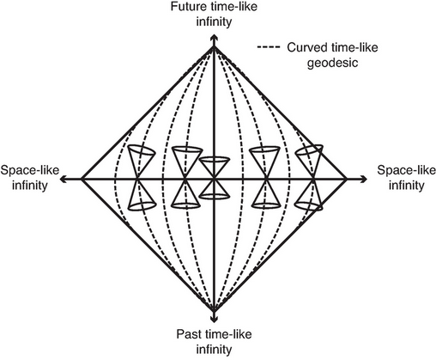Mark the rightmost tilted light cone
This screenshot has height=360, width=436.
click(x=310, y=178)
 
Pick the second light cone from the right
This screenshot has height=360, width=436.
click(x=263, y=178)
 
